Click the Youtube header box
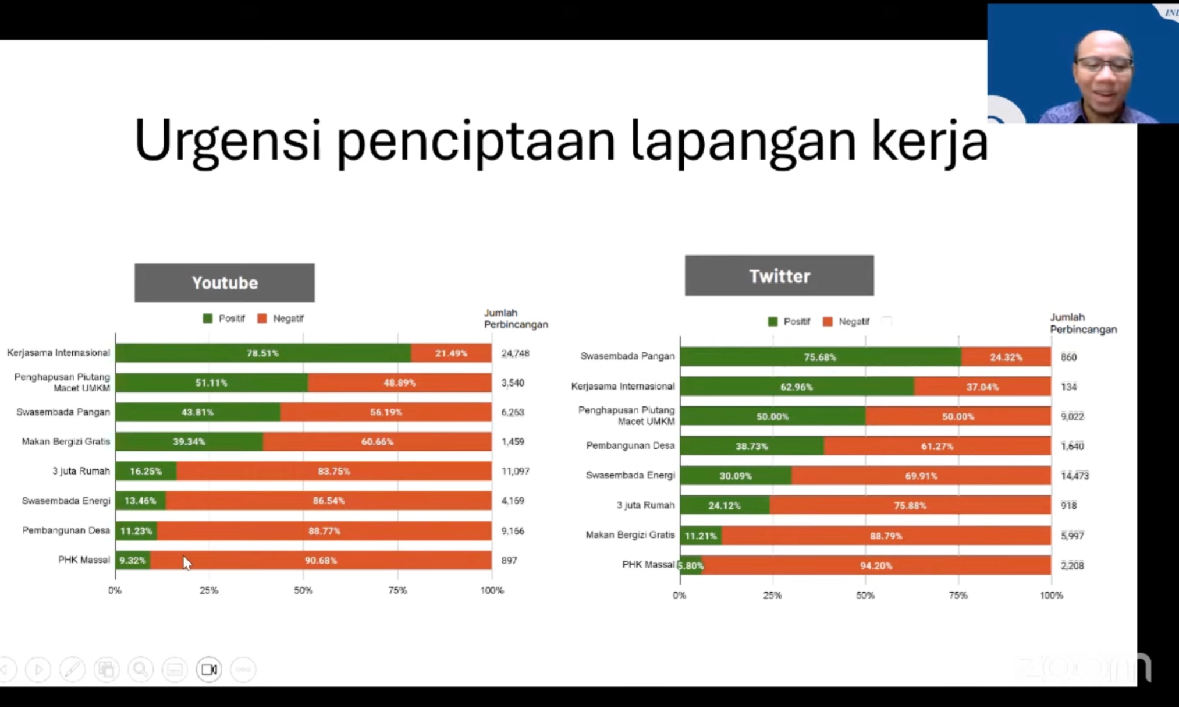click(x=225, y=282)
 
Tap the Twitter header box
click(x=779, y=275)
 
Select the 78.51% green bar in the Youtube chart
click(x=262, y=353)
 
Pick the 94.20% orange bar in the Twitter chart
click(x=876, y=565)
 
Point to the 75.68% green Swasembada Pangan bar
click(x=819, y=357)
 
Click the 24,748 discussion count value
click(x=515, y=353)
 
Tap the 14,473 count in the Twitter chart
click(x=1074, y=476)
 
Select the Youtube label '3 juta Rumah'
click(x=81, y=471)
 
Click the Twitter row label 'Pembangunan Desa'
click(x=630, y=445)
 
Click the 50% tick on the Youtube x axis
click(x=303, y=590)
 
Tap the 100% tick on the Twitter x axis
click(x=1051, y=595)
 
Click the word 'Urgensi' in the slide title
click(x=228, y=141)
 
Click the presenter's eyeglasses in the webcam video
click(x=1103, y=65)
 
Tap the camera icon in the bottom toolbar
click(x=209, y=670)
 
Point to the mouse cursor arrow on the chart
click(x=186, y=562)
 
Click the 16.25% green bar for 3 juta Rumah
click(x=145, y=471)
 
